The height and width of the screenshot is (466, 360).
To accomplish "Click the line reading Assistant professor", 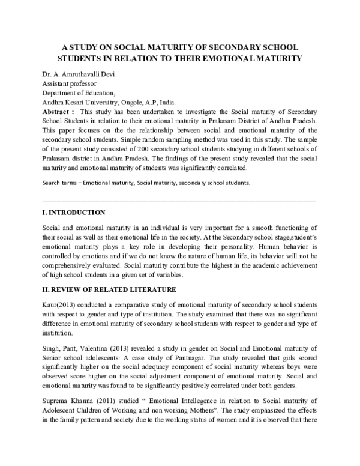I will pos(69,84).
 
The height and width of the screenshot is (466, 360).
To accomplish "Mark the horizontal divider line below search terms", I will pos(180,198).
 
